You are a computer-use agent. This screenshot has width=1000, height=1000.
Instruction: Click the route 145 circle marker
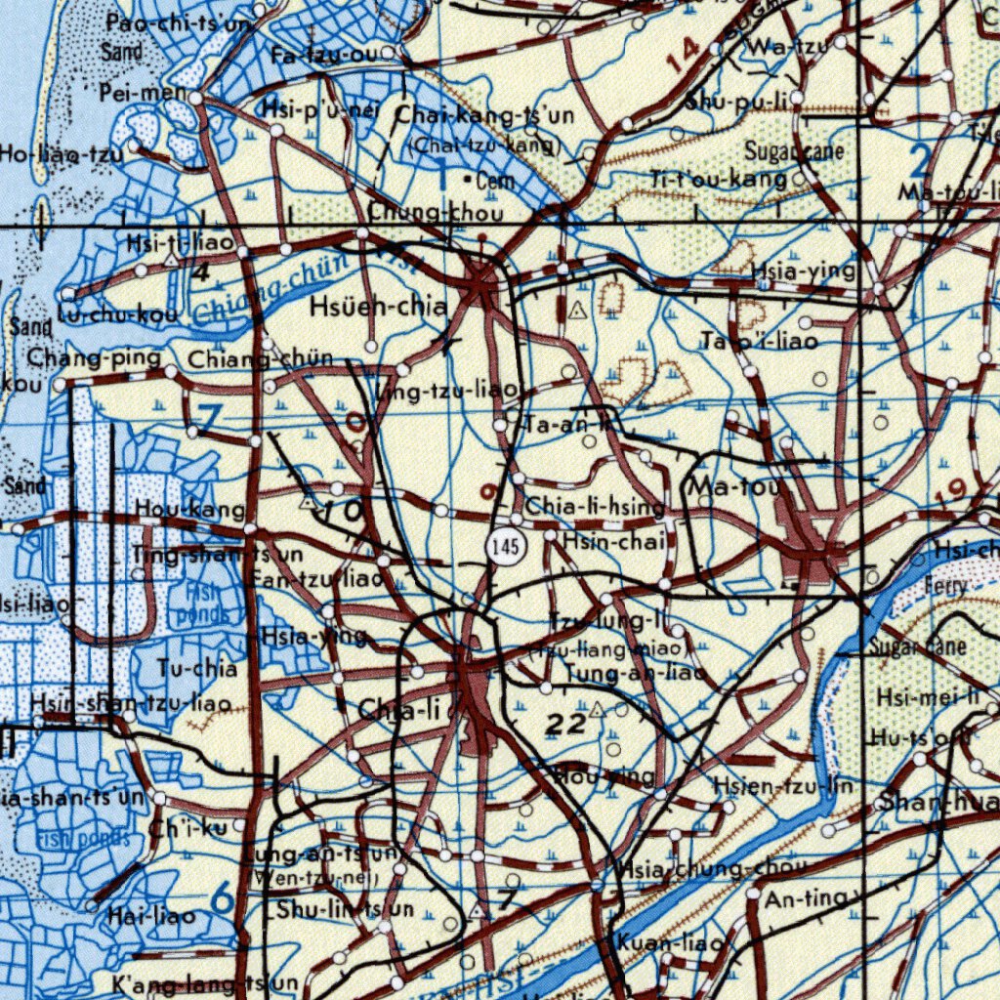[505, 547]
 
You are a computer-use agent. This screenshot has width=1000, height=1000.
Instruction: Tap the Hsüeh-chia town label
[379, 308]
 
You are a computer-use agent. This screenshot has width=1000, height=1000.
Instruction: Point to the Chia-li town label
[399, 711]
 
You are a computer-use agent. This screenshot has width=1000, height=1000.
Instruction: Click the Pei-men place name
[143, 93]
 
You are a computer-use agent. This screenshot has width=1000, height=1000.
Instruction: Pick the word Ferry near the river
[947, 586]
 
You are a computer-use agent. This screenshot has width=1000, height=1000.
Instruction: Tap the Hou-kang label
[189, 509]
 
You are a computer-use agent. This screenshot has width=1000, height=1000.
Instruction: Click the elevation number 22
[565, 724]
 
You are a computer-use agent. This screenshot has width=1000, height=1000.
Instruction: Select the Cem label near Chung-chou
[495, 182]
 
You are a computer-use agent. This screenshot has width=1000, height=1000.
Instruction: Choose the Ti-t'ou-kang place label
[719, 179]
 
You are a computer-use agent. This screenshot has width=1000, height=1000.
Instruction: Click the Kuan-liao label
[669, 944]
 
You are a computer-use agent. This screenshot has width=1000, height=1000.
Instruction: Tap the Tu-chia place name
[197, 669]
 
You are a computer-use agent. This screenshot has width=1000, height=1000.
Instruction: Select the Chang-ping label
[94, 357]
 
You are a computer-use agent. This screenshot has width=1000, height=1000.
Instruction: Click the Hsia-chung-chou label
[711, 869]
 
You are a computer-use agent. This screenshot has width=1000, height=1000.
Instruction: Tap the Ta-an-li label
[566, 425]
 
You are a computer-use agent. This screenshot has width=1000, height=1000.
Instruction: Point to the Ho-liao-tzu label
[62, 153]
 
